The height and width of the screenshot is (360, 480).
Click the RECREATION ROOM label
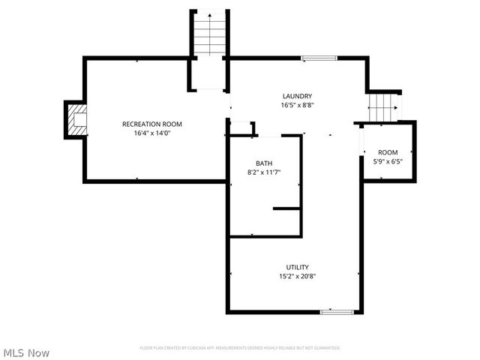coord(152,124)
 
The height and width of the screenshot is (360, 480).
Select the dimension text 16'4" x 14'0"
coord(152,133)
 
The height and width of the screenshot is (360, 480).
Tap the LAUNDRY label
coord(297,96)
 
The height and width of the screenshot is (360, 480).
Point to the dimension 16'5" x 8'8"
coord(297,106)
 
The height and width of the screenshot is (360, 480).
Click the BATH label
coord(264,163)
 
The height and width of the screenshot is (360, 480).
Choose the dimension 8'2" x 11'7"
coord(264,172)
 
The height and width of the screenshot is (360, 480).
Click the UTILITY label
coord(297,267)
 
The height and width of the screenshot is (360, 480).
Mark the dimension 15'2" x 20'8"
coord(297,276)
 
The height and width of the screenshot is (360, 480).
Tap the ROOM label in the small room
coord(388,151)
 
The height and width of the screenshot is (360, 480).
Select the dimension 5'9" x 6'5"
coord(388,160)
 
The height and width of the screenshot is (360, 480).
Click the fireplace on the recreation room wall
coord(76,120)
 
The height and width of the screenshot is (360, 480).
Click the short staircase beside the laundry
coord(383,108)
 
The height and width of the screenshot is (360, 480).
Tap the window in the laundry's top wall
coord(319,58)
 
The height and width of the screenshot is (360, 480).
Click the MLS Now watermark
coord(26,352)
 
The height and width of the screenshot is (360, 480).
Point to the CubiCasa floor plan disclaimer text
coord(240,348)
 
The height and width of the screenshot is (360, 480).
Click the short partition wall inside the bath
coord(286,208)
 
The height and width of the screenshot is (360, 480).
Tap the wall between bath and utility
coord(265,236)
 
